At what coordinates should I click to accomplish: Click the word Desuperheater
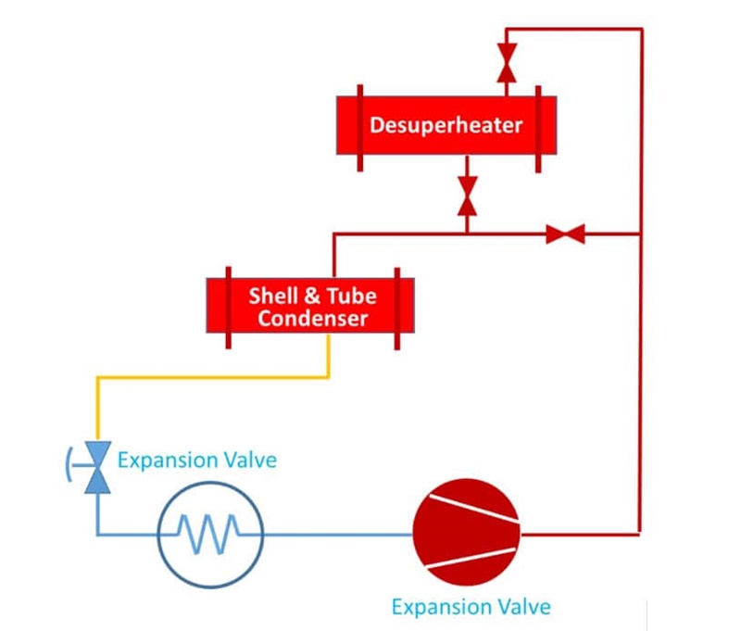(x=446, y=125)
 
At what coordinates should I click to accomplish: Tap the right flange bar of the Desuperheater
(x=536, y=128)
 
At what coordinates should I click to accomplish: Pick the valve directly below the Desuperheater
(x=468, y=196)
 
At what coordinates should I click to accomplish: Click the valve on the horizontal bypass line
(x=565, y=234)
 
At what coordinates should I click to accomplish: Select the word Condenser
(x=313, y=319)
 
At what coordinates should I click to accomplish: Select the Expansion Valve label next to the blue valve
(x=196, y=460)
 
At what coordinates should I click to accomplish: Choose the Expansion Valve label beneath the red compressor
(x=471, y=607)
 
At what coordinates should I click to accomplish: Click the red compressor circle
(x=467, y=535)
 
